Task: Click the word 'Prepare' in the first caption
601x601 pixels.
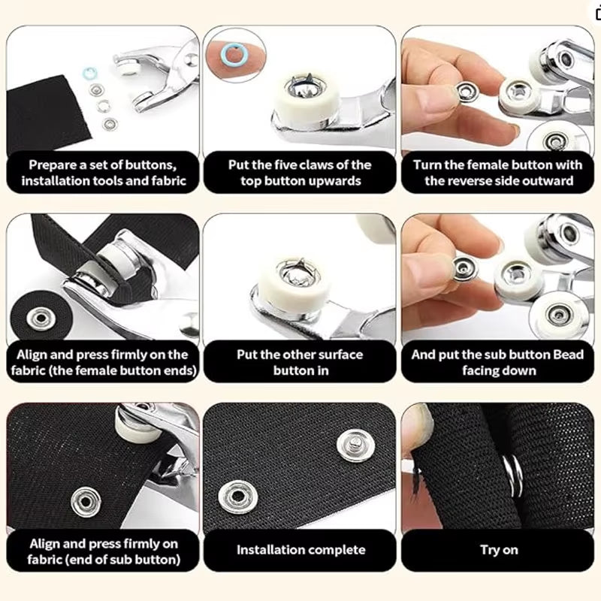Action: [x=53, y=164]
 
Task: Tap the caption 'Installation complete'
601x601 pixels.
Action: [x=300, y=550]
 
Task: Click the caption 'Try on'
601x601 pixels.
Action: [x=499, y=550]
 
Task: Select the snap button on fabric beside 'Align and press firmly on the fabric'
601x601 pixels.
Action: [x=38, y=319]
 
